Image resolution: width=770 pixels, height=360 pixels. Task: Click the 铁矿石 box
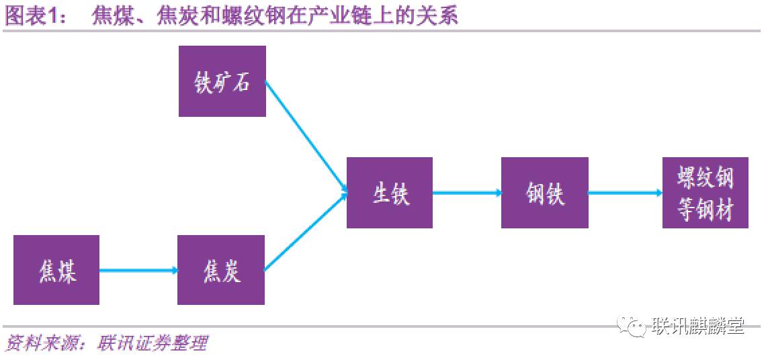click(x=222, y=81)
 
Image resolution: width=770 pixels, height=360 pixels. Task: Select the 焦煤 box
click(x=56, y=270)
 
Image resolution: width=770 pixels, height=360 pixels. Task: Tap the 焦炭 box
click(x=221, y=270)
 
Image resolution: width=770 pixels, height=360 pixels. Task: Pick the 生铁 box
click(x=390, y=193)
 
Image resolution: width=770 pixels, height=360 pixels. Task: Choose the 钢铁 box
click(x=545, y=193)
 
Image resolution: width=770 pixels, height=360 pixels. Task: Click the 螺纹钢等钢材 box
click(x=705, y=193)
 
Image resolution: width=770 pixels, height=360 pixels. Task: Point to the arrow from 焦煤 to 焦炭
click(x=138, y=270)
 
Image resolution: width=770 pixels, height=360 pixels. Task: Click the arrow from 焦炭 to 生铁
click(x=306, y=232)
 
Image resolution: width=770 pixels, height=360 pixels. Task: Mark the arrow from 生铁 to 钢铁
click(x=467, y=193)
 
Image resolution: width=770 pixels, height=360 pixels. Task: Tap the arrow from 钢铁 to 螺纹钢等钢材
click(x=625, y=193)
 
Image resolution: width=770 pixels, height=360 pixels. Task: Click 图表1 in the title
click(x=34, y=15)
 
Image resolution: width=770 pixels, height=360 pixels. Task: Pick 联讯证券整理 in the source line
click(x=152, y=344)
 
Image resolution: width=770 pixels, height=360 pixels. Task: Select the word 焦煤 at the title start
click(x=110, y=15)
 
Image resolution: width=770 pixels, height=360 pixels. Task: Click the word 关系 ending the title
click(x=441, y=15)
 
